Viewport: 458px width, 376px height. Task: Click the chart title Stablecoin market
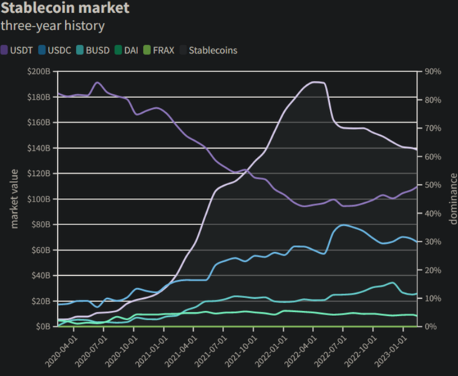coord(65,9)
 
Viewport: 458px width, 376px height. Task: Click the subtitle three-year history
coord(53,26)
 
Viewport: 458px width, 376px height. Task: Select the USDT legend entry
coord(19,50)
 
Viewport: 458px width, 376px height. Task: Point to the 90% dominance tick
coord(432,71)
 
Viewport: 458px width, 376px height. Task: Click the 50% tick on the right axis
coord(432,184)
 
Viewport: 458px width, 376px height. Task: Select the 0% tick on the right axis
coord(430,326)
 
